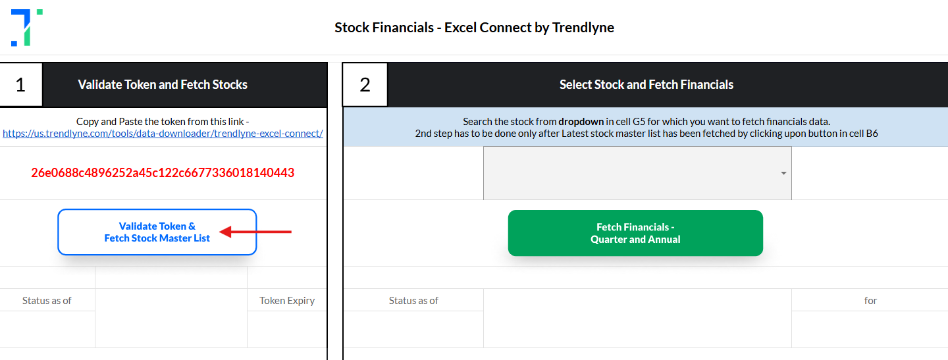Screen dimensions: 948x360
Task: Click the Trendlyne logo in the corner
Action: (26, 28)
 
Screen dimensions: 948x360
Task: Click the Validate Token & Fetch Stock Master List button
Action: (157, 232)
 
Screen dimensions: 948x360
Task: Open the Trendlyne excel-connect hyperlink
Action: (163, 134)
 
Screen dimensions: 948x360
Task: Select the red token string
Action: (163, 172)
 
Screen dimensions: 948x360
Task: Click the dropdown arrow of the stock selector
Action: (783, 173)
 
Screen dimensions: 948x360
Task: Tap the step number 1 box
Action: (21, 85)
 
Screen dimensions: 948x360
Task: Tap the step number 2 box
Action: (365, 85)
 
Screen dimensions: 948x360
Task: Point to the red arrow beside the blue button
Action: (255, 232)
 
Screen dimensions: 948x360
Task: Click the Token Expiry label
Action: (287, 300)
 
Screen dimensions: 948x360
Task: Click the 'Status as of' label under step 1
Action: (47, 300)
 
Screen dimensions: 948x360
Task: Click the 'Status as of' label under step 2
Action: (413, 300)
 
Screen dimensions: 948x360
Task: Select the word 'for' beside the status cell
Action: (870, 300)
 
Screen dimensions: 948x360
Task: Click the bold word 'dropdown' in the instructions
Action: (581, 122)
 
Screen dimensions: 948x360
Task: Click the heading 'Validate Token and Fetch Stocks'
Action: (163, 85)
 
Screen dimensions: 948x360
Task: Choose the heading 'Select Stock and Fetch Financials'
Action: (646, 85)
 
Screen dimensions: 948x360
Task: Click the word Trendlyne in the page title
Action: (583, 28)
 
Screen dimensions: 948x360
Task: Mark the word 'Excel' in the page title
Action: (460, 28)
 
